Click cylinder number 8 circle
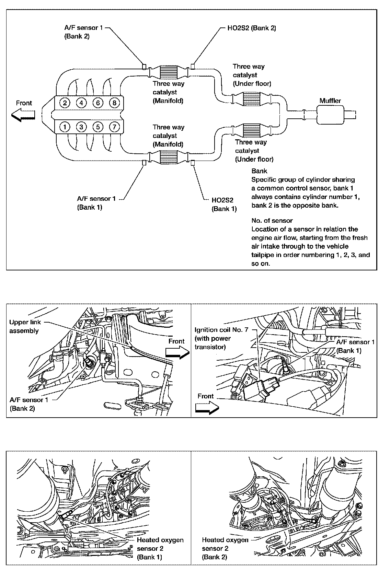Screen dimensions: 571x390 click(x=114, y=103)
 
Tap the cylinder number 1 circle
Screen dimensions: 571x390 click(x=65, y=127)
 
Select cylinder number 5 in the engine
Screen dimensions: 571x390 click(x=98, y=127)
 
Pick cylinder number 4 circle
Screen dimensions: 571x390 click(x=81, y=103)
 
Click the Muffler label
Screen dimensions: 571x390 click(x=330, y=101)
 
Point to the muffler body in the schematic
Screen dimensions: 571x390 click(x=330, y=115)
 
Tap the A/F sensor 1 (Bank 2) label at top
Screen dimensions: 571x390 click(x=83, y=32)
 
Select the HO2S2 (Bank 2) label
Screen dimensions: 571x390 click(x=252, y=28)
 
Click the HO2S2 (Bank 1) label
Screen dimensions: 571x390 click(x=224, y=204)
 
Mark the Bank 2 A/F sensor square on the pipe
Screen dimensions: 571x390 click(x=145, y=66)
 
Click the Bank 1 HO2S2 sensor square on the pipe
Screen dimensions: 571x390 click(x=193, y=162)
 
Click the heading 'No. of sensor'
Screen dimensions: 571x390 click(x=272, y=220)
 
